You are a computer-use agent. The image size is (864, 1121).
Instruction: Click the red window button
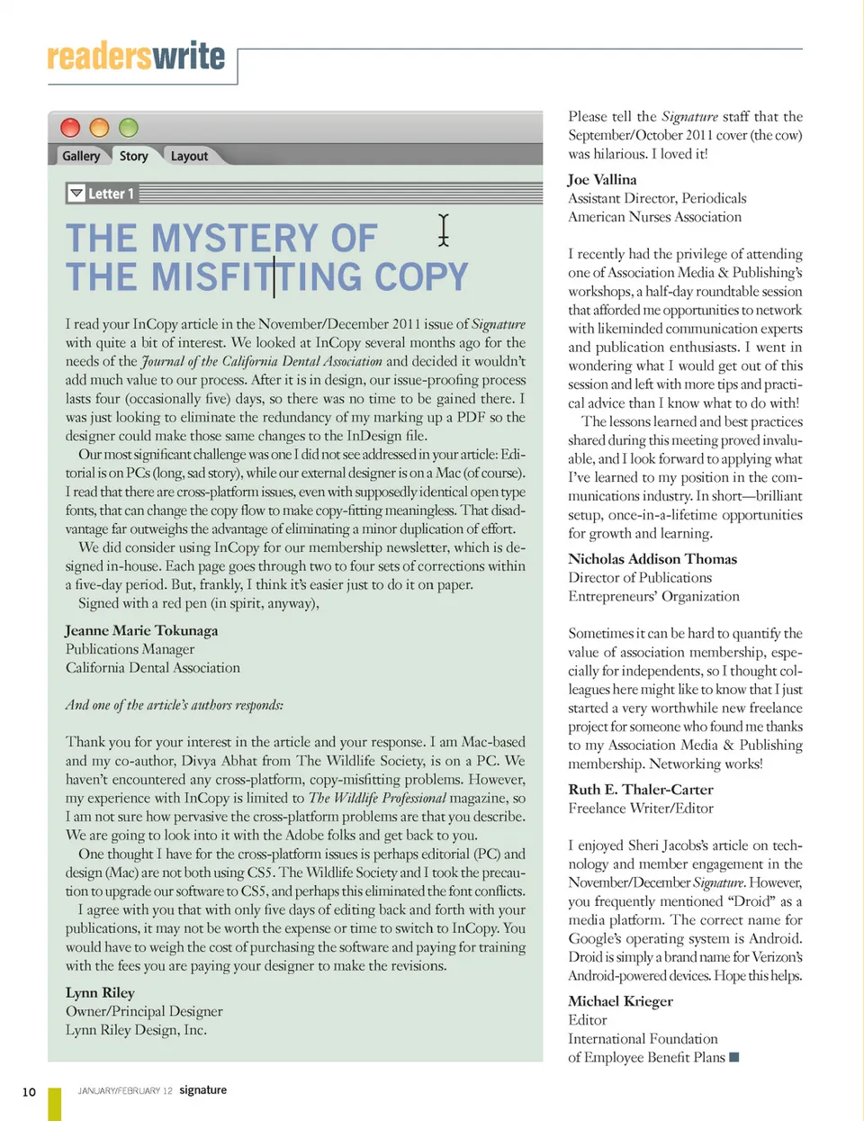(x=70, y=128)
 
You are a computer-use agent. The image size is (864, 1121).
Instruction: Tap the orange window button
(x=99, y=128)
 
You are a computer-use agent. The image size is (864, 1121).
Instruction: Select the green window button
(x=129, y=128)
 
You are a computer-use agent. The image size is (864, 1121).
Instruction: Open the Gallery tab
(x=81, y=156)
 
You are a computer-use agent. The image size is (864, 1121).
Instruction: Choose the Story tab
(x=133, y=156)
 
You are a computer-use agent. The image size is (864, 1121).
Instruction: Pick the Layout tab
(x=189, y=156)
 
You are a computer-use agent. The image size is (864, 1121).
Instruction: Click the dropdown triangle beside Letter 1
(x=76, y=194)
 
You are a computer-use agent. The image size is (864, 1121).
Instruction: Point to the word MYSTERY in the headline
(x=234, y=239)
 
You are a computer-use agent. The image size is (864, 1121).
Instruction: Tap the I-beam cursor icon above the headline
(x=443, y=230)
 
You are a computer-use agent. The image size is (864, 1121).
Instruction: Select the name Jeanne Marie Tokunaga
(x=141, y=630)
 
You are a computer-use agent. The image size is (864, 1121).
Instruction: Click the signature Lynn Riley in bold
(x=100, y=992)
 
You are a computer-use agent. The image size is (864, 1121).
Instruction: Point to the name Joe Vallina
(x=602, y=179)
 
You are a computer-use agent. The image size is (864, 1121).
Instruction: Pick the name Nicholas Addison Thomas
(x=652, y=558)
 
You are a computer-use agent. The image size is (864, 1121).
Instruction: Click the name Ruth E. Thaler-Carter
(x=641, y=789)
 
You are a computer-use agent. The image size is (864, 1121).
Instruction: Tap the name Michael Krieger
(x=620, y=1000)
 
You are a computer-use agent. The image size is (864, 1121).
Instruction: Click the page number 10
(x=29, y=1092)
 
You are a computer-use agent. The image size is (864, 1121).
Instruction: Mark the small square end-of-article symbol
(x=733, y=1057)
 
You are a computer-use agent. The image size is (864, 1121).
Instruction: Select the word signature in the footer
(x=202, y=1089)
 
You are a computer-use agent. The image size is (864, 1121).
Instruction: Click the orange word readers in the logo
(x=99, y=57)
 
